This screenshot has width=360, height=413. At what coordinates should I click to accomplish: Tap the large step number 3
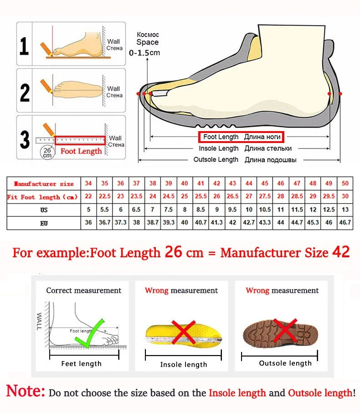(25, 139)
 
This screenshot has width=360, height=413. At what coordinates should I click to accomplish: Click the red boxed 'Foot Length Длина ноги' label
(241, 137)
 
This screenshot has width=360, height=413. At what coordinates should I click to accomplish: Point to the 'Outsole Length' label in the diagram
(216, 159)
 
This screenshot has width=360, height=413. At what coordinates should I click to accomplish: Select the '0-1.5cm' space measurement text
(144, 52)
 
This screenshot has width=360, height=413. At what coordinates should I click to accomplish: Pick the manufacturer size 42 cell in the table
(217, 184)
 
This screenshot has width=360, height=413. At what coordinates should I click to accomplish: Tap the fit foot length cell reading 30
(345, 197)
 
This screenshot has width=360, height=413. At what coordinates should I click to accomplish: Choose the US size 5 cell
(88, 210)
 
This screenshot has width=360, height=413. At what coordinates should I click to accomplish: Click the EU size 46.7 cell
(345, 223)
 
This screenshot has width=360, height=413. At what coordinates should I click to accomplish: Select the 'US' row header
(44, 210)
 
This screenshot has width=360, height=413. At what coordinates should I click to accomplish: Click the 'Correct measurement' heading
(84, 291)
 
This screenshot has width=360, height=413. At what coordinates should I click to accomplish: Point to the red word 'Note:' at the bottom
(26, 392)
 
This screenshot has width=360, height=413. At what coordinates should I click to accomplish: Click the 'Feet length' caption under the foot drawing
(82, 363)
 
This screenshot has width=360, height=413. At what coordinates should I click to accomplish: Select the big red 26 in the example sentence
(173, 252)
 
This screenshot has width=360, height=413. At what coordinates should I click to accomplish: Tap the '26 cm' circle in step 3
(47, 152)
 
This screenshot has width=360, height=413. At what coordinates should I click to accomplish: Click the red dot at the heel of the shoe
(329, 93)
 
